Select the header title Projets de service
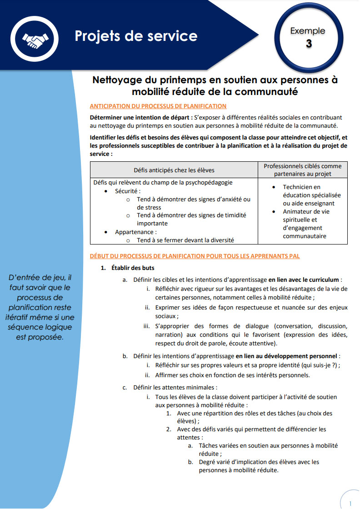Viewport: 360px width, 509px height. click(x=136, y=36)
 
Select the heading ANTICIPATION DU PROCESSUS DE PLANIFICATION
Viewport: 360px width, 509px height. click(x=158, y=106)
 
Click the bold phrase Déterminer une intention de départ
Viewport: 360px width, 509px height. click(x=141, y=117)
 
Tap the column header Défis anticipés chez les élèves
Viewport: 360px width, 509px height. click(x=174, y=170)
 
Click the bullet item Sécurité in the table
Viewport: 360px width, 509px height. click(x=128, y=191)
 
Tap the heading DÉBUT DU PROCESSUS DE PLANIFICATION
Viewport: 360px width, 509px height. click(x=195, y=256)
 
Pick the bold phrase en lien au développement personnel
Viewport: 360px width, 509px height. click(x=287, y=356)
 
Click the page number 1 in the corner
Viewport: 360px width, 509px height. click(x=350, y=504)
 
